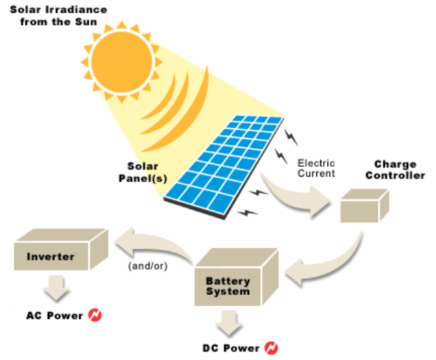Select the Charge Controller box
click(363, 206)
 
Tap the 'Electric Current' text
click(316, 168)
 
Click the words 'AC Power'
click(54, 316)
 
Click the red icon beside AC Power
click(96, 316)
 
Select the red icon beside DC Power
click(273, 347)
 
